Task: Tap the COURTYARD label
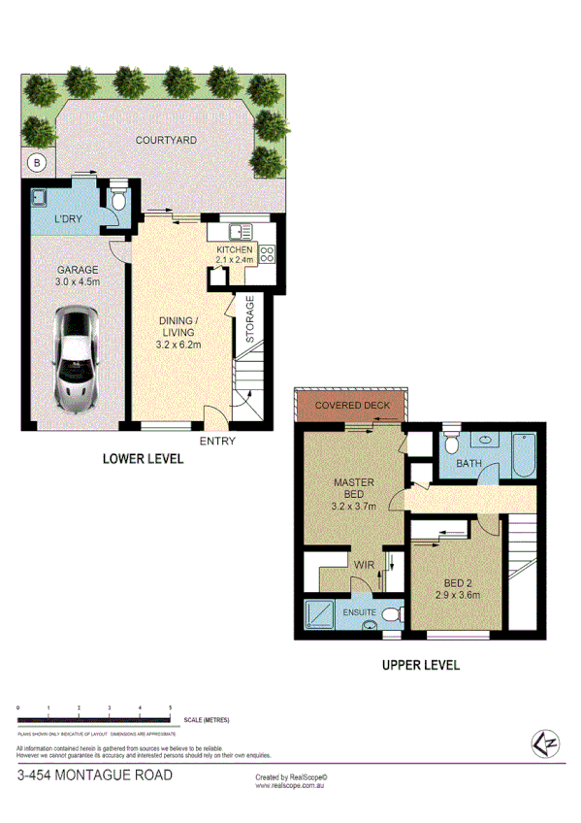click(166, 141)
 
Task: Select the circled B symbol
click(37, 161)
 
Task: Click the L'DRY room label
click(69, 220)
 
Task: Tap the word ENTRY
click(216, 442)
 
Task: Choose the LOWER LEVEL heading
click(144, 459)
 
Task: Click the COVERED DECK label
click(352, 406)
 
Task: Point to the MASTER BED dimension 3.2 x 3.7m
click(353, 507)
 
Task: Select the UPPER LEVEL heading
click(420, 665)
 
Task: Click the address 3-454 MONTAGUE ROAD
click(95, 775)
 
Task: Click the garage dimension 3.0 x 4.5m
click(77, 282)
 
